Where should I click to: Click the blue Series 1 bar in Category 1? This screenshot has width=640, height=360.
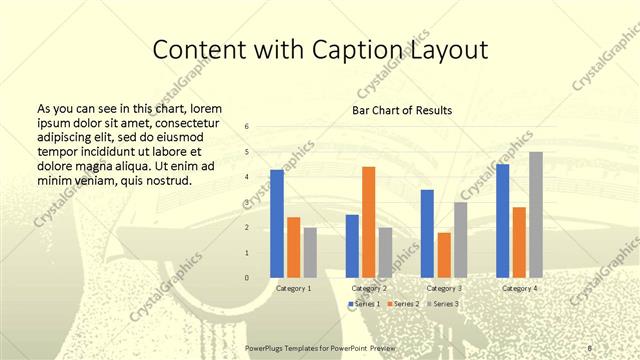pyautogui.click(x=277, y=224)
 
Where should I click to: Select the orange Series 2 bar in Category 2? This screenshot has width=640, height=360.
pyautogui.click(x=368, y=222)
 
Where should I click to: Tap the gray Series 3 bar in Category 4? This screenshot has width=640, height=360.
pyautogui.click(x=536, y=215)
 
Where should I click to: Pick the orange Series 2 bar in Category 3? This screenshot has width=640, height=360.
pyautogui.click(x=444, y=255)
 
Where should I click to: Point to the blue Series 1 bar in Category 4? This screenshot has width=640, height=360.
pyautogui.click(x=502, y=221)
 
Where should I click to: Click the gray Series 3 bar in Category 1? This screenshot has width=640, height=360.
pyautogui.click(x=310, y=252)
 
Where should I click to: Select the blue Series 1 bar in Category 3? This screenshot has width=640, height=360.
pyautogui.click(x=427, y=233)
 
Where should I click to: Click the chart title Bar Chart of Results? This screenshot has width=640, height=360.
pyautogui.click(x=401, y=110)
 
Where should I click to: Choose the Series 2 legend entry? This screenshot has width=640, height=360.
pyautogui.click(x=402, y=303)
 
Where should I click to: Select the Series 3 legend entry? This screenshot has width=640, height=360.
pyautogui.click(x=443, y=303)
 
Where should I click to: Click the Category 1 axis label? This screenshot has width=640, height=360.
pyautogui.click(x=293, y=288)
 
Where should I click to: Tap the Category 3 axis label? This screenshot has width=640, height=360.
pyautogui.click(x=443, y=288)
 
